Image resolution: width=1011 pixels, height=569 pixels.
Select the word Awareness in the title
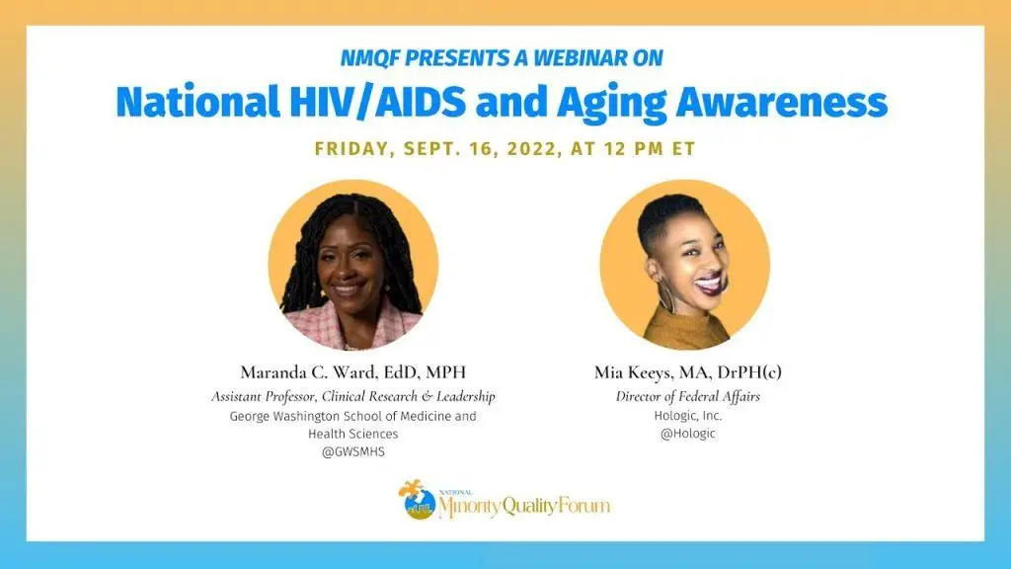(x=782, y=102)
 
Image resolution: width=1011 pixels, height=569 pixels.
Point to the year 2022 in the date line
(x=531, y=148)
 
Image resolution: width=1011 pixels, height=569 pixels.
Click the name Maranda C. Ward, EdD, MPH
(x=352, y=372)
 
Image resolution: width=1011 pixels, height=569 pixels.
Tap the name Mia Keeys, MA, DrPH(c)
(x=687, y=372)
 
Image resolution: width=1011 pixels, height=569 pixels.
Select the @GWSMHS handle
(x=353, y=451)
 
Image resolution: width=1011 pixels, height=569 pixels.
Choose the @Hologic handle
(x=687, y=434)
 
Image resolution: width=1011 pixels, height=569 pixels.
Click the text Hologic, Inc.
(x=687, y=416)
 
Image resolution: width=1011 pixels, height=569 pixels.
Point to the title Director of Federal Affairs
(x=687, y=396)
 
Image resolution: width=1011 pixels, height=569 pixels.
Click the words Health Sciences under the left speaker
(x=352, y=434)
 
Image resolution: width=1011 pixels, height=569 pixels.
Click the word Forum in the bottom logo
(x=584, y=505)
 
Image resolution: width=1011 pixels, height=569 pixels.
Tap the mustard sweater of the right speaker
(x=689, y=326)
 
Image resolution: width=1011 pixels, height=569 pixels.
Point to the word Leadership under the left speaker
(x=466, y=396)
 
